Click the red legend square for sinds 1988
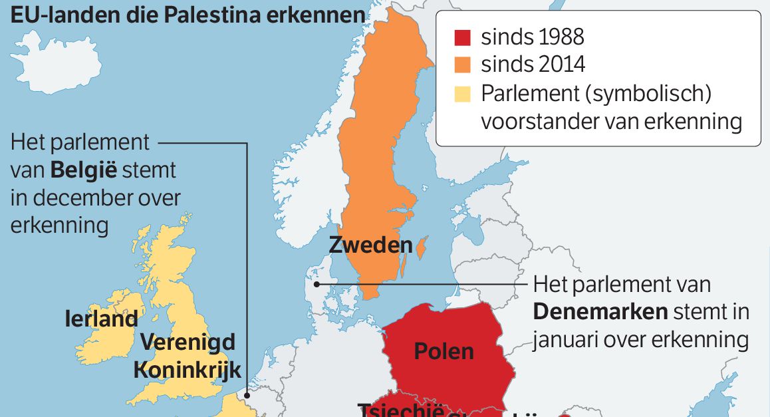[x=462, y=37]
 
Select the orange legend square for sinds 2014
[x=462, y=65]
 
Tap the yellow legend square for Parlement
[x=462, y=93]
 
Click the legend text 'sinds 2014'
[x=533, y=65]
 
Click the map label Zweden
[x=370, y=245]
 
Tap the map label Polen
[x=444, y=350]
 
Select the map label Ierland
[x=101, y=319]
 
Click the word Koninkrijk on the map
[x=187, y=370]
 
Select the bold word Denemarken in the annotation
[x=600, y=312]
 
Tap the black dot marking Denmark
[x=318, y=283]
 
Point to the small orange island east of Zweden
[x=422, y=247]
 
